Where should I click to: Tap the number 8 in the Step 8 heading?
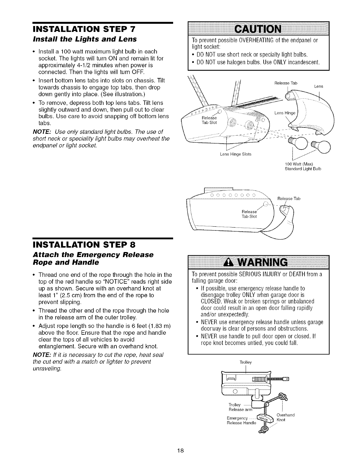[x=133, y=245]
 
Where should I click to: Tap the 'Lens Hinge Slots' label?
[x=235, y=154]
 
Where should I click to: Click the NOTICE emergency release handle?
[x=265, y=420]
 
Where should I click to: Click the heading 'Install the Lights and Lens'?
[x=84, y=39]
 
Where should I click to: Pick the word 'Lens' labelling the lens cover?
[x=319, y=87]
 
